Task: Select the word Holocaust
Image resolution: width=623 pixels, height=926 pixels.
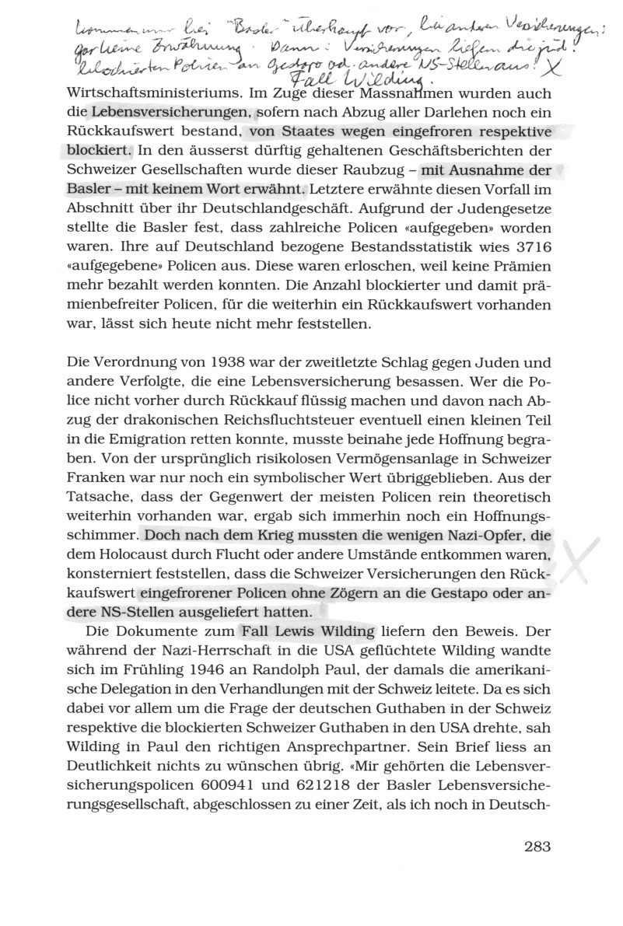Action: pos(170,557)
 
